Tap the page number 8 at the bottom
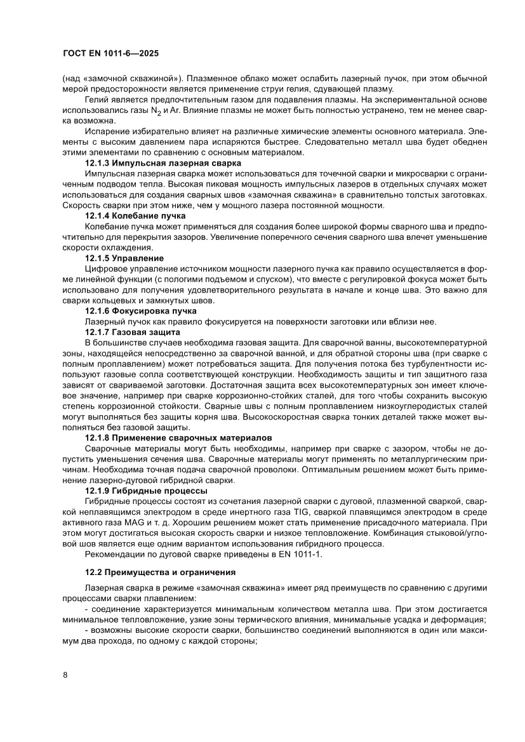[x=65, y=675]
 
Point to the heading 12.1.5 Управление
[x=124, y=258]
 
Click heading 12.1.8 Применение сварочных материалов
[x=178, y=438]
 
